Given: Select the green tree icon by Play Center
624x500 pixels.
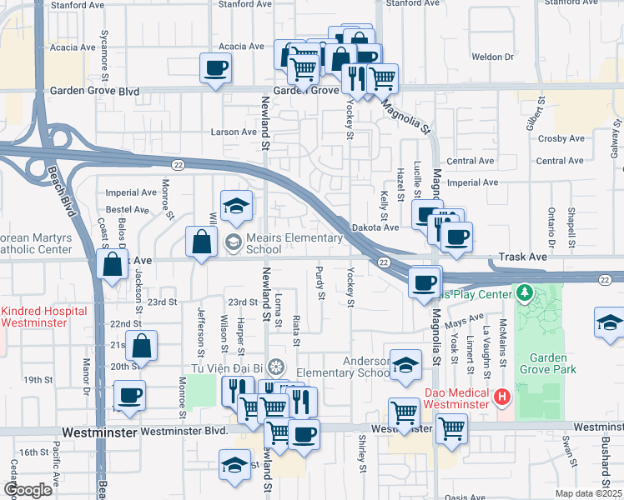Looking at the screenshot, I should pos(524,293).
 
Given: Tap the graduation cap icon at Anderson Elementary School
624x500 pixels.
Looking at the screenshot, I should pos(405,365).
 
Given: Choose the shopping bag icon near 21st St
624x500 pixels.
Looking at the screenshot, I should pos(143,346).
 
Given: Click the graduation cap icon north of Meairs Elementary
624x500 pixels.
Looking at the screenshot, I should pos(236,206).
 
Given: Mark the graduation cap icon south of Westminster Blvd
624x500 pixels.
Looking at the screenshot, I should pos(235,464).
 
